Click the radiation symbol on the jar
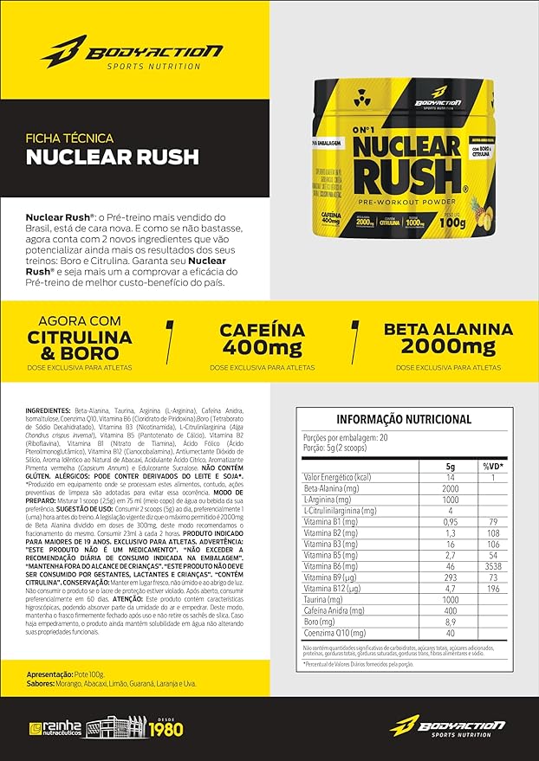click(x=363, y=99)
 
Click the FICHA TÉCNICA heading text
click(x=70, y=137)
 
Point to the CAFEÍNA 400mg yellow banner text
click(x=262, y=339)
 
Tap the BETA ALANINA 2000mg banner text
click(x=448, y=339)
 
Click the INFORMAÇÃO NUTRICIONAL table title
click(x=404, y=419)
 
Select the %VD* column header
click(x=492, y=466)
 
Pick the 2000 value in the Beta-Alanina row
click(x=451, y=489)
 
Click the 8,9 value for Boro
click(x=451, y=621)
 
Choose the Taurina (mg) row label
click(x=326, y=599)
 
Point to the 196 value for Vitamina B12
click(x=492, y=587)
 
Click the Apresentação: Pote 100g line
click(x=66, y=672)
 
